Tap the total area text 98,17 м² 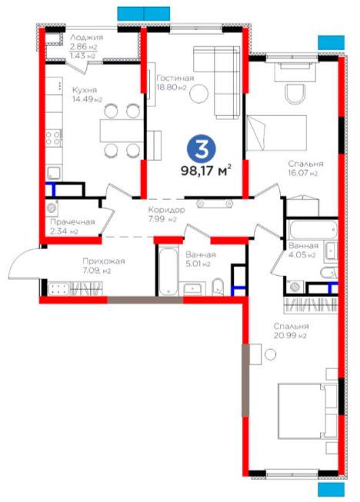[206, 171]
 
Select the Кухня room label [85, 90]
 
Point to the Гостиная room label [175, 78]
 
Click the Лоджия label [86, 37]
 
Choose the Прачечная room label [73, 222]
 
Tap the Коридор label [167, 210]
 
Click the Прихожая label [104, 261]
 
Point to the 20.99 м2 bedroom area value [290, 336]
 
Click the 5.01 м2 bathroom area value [198, 264]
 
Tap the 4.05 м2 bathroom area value [302, 255]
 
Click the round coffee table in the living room [199, 94]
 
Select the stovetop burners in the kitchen [54, 138]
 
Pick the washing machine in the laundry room [52, 208]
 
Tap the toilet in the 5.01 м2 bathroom [218, 287]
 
